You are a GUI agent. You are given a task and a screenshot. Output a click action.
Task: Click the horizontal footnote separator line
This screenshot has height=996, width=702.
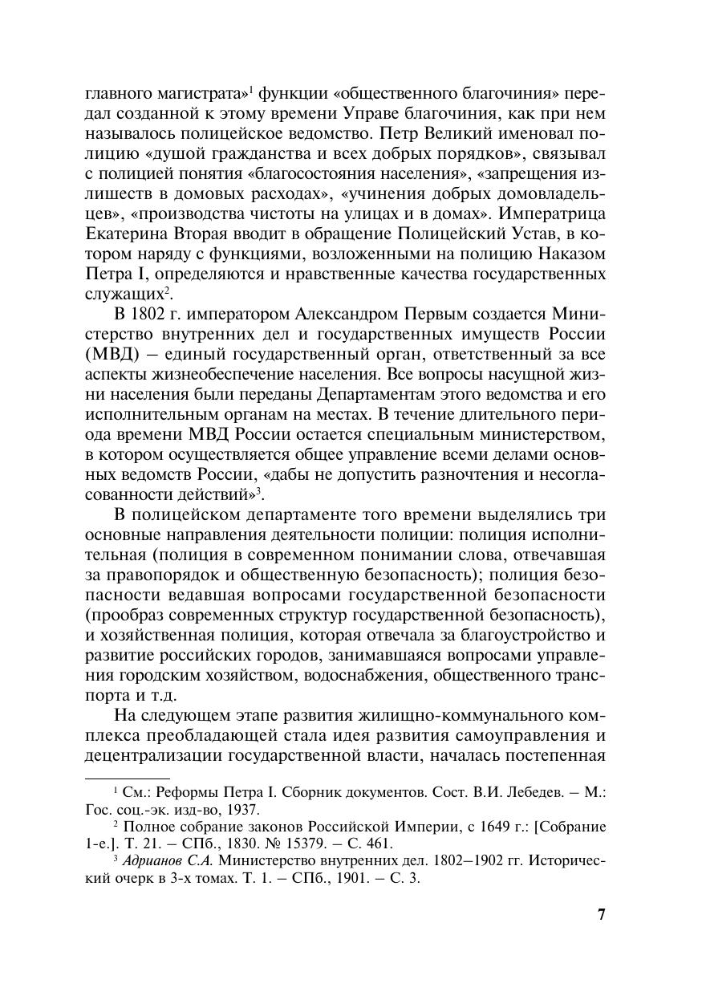[x=127, y=778]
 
